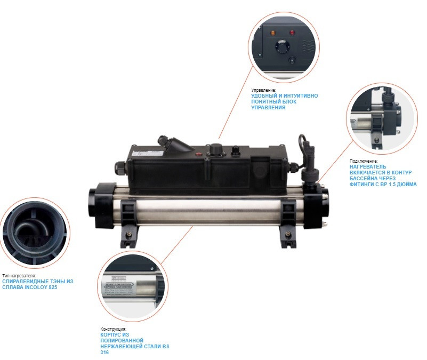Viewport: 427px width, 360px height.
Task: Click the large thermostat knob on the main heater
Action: click(216, 148)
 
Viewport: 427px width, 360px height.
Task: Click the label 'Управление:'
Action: click(264, 90)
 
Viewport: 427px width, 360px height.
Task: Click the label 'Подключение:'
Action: click(364, 161)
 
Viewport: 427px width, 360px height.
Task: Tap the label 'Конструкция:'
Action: click(113, 329)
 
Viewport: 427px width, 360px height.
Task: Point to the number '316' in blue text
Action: click(105, 353)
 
